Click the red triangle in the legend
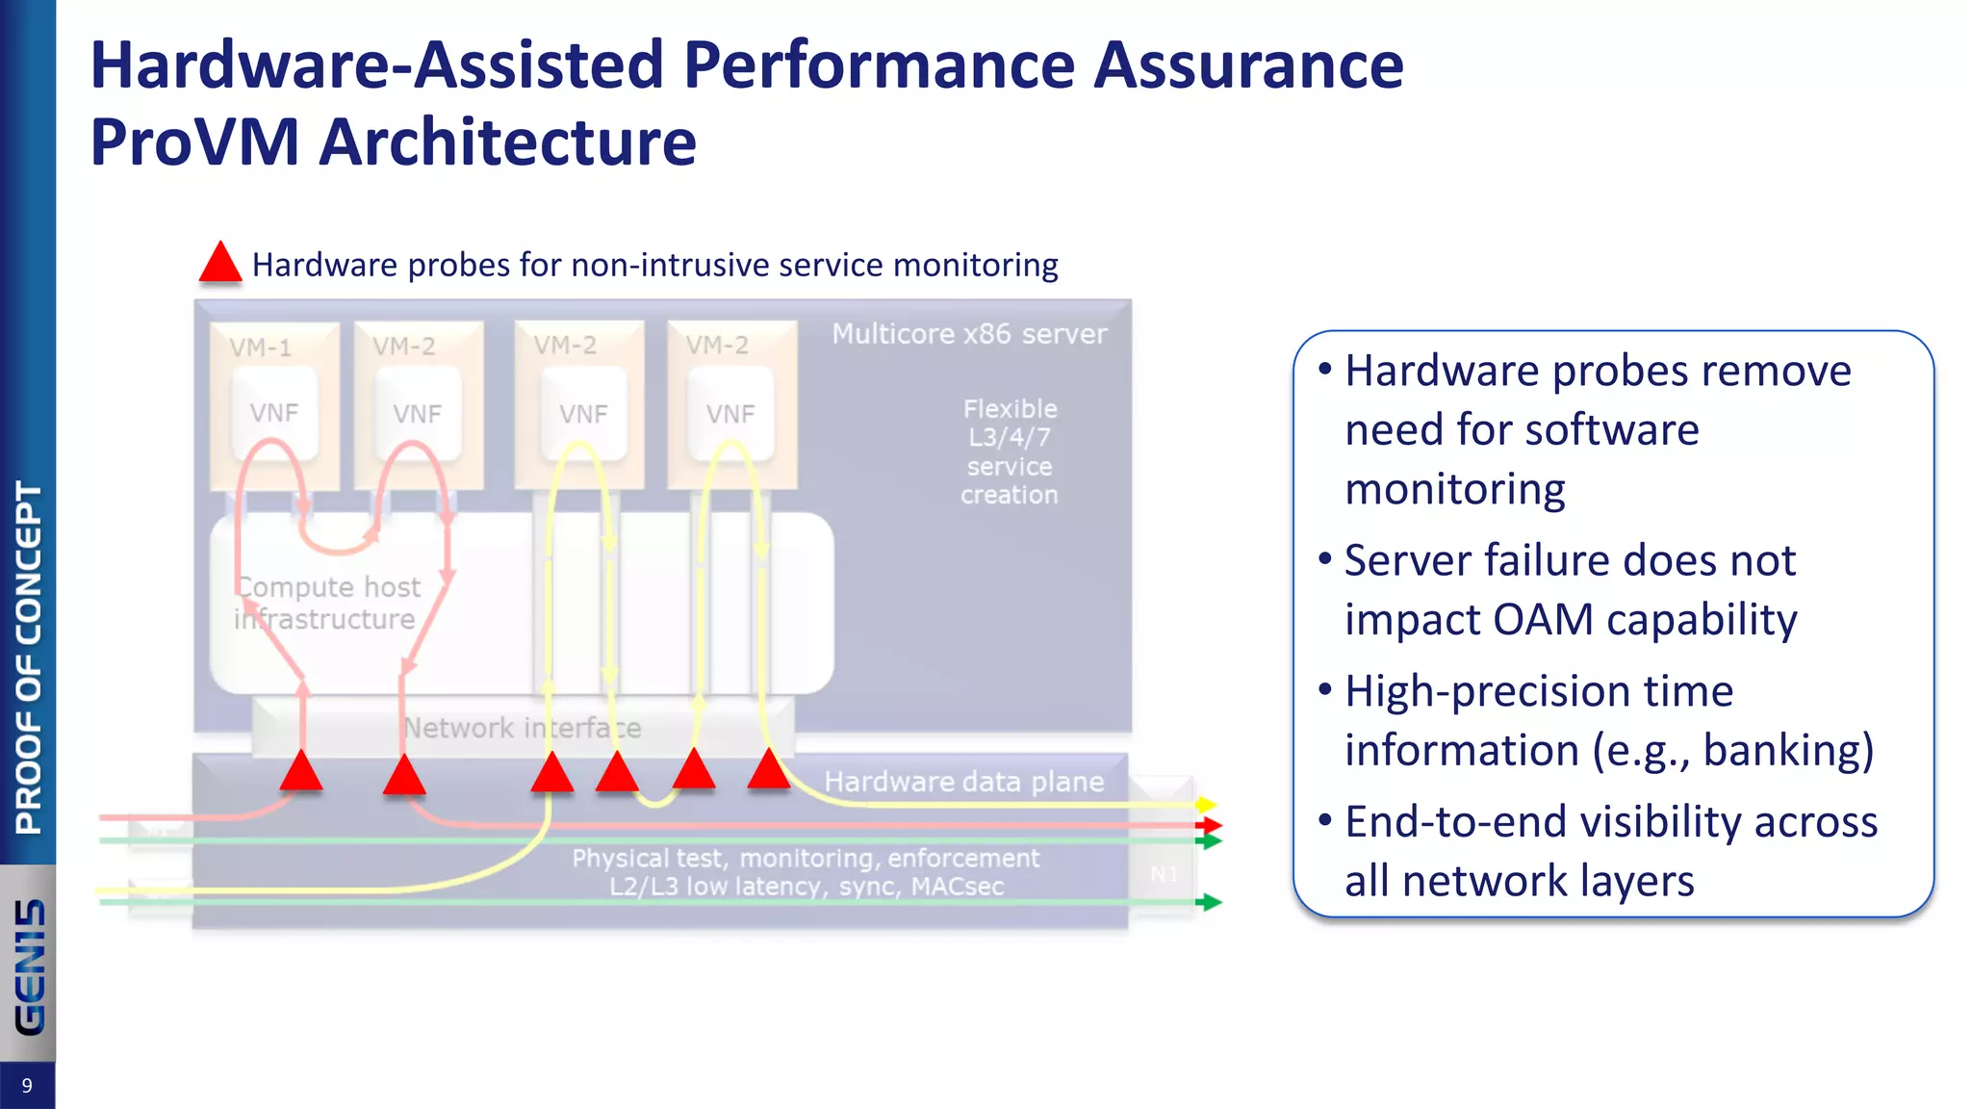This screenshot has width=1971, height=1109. coord(220,264)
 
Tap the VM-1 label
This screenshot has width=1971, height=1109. coord(260,348)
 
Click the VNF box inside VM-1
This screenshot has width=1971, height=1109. coord(274,413)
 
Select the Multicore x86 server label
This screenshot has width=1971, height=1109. coord(969,334)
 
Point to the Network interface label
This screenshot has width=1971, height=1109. coord(522,728)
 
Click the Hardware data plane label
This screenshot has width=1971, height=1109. coord(963,782)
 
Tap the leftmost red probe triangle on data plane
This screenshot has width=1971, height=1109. coord(301,772)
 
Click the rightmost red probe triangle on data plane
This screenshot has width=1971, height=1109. coord(768,770)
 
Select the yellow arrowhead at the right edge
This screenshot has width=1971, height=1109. coord(1207,804)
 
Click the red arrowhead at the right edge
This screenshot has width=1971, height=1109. coord(1211,825)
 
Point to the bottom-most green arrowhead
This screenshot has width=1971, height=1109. coord(1211,902)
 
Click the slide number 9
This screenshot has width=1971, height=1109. coord(27,1086)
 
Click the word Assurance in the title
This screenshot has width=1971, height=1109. coord(1248,65)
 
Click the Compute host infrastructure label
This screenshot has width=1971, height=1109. coord(327,603)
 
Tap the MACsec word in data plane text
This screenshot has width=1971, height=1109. coord(957,887)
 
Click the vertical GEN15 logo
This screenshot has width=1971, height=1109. coord(29,967)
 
